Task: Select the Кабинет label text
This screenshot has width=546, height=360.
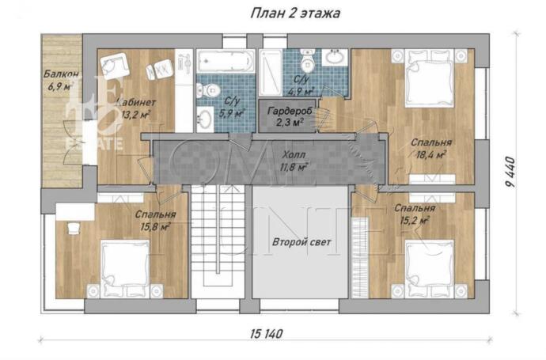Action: point(135,102)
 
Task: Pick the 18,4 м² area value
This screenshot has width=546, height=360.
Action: point(428,155)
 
